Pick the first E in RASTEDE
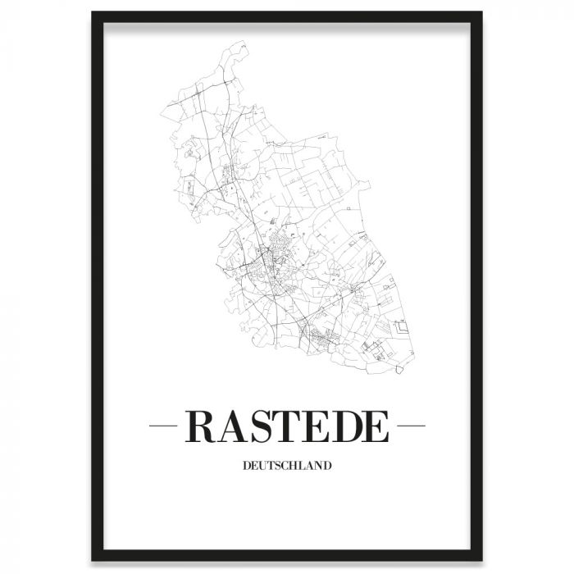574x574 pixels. [318, 426]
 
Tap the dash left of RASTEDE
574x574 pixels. [165, 426]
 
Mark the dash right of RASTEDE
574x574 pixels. [410, 426]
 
